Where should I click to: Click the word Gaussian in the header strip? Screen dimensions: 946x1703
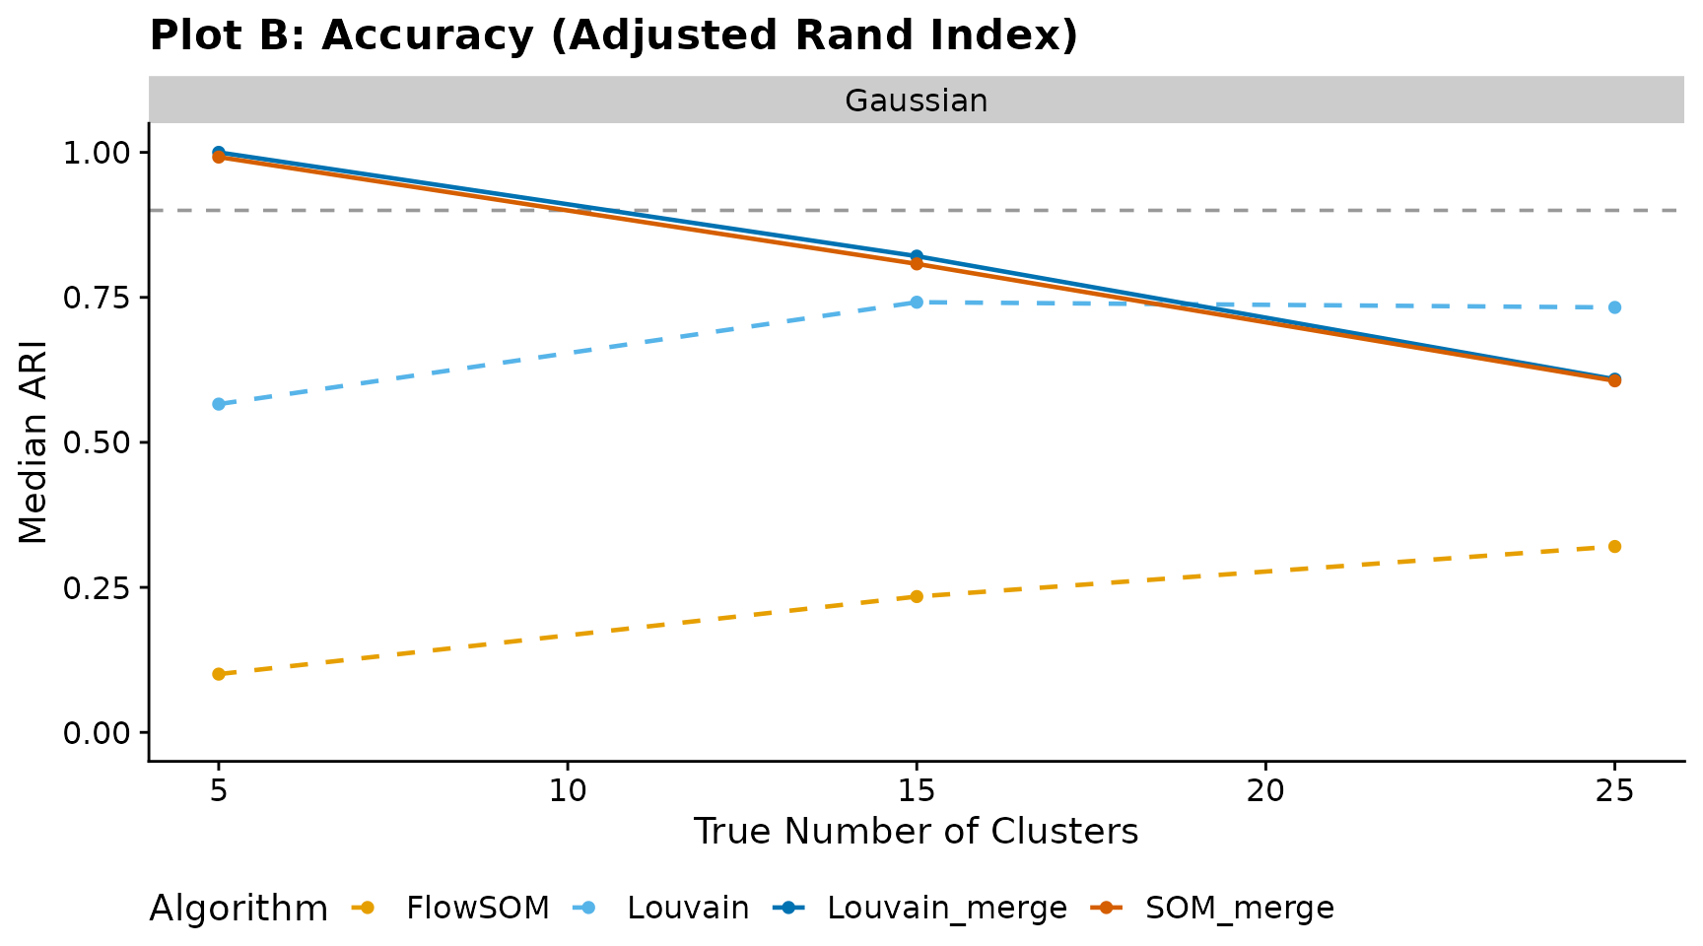(916, 101)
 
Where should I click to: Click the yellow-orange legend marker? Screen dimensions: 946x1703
(367, 908)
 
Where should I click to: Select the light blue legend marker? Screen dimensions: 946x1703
(587, 908)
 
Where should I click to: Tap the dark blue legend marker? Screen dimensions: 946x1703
(788, 908)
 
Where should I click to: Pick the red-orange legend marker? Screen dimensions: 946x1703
(1106, 908)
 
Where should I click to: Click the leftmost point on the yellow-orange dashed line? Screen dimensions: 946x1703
(219, 674)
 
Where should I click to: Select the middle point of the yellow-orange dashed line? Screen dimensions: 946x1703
(917, 596)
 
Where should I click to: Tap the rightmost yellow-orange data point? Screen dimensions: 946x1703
(1614, 546)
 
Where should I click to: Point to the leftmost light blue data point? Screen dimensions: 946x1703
(219, 404)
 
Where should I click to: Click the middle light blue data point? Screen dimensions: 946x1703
(917, 303)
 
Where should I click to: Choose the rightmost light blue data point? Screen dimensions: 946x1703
(1614, 307)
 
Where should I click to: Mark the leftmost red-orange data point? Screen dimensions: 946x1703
(219, 158)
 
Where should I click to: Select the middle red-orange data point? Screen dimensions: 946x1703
(917, 264)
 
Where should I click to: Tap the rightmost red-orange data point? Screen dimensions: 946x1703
(1614, 381)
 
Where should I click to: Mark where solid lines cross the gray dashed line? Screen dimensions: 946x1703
(581, 210)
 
